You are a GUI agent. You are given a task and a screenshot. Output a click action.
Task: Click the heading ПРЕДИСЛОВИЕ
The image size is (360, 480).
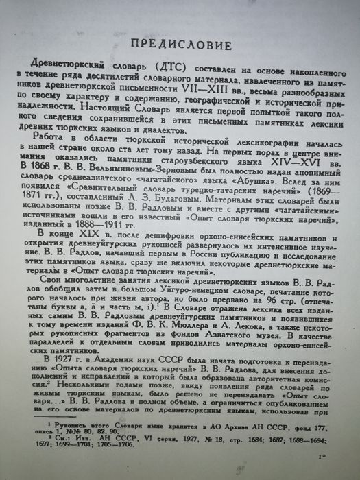click(181, 46)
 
